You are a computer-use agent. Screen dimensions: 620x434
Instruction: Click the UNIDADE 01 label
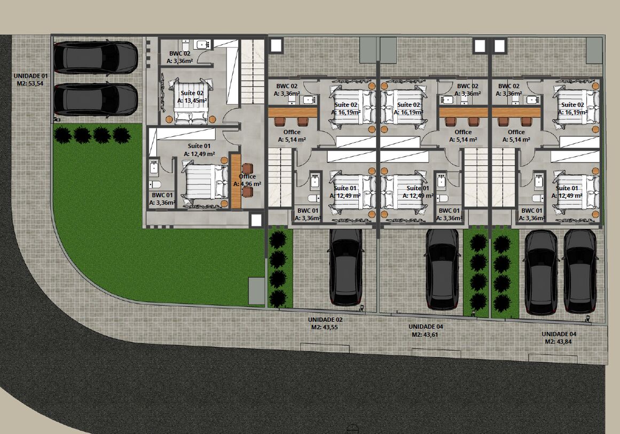point(31,76)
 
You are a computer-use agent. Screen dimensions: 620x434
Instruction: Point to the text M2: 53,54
point(30,83)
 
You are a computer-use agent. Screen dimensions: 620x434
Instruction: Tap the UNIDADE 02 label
point(325,320)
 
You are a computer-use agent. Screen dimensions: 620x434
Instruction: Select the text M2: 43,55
point(324,327)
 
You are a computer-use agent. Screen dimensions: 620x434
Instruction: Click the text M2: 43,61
point(425,334)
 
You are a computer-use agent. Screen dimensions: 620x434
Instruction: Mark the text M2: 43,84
point(558,342)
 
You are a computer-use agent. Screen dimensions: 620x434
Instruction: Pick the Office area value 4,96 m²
point(250,184)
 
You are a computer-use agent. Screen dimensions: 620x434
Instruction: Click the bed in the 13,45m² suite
point(191,101)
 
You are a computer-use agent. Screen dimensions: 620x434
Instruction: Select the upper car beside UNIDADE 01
point(96,58)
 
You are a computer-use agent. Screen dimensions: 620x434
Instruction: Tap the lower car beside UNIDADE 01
point(96,99)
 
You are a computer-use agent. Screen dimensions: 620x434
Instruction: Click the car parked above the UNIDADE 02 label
point(346,267)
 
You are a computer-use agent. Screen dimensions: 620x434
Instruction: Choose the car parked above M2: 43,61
point(443,269)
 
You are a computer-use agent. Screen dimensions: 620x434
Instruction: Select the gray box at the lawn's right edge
point(256,291)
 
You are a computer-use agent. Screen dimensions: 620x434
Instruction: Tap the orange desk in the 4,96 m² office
point(236,181)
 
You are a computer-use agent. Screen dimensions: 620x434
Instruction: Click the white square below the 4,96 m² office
point(256,220)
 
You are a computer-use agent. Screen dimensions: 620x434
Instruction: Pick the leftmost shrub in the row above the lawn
point(62,135)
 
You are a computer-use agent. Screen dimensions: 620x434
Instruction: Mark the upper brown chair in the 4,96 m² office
point(248,168)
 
